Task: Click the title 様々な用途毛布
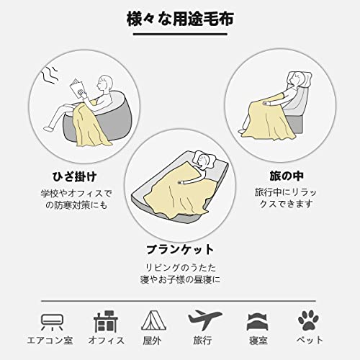coord(180,19)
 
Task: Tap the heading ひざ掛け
coord(75,177)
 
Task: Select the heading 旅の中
coord(287,176)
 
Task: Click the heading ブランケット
coord(180,249)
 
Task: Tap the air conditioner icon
coord(52,322)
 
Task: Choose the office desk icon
coord(106,321)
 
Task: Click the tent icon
coord(153,320)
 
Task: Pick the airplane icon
coord(204,320)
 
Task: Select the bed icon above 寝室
coord(258,322)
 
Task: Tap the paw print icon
coord(308,320)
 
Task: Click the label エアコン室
coord(50,341)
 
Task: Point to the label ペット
coord(310,340)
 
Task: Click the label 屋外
coord(152,341)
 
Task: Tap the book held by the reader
coord(78,88)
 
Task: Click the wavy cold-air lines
coord(50,75)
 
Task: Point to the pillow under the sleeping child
coord(204,159)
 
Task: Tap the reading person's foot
coord(48,128)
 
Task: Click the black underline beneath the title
coord(180,34)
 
